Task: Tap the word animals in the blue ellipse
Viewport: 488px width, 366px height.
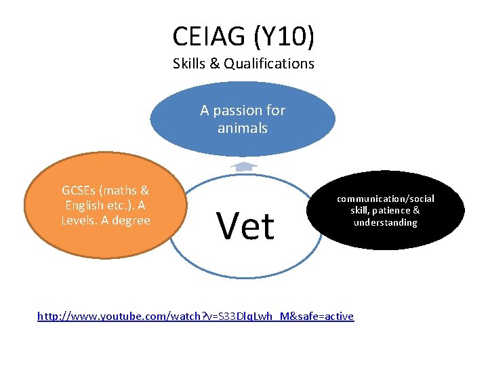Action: pos(243,128)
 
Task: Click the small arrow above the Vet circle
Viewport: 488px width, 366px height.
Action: pos(243,165)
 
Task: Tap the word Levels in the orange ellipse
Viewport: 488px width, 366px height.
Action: pos(81,220)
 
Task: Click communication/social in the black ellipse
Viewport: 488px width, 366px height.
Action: pos(386,199)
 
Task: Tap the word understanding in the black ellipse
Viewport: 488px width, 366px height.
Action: pos(386,223)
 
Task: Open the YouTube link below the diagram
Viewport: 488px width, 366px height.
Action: pos(195,316)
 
